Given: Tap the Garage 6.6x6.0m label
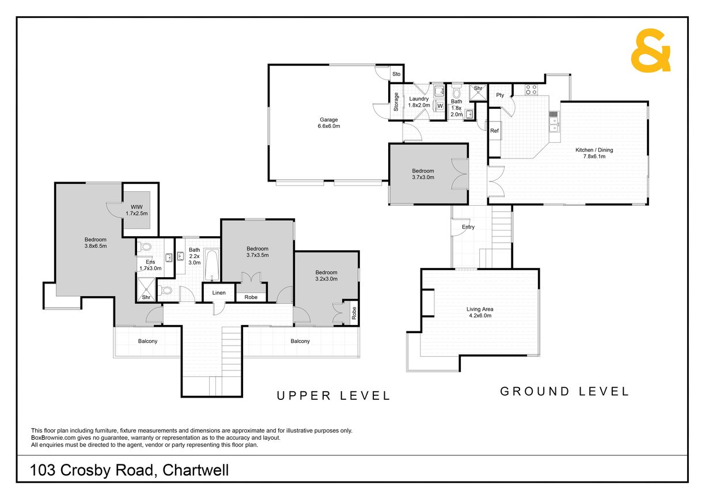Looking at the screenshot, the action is tap(328, 123).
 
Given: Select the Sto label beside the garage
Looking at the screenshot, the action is tap(396, 74).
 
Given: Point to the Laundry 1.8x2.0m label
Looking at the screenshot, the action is tap(419, 102).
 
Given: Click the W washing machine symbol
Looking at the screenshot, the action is tap(440, 106).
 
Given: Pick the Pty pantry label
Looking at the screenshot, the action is tap(500, 95).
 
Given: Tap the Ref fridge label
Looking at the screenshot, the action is tap(494, 131).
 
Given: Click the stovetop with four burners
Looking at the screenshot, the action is tap(531, 89).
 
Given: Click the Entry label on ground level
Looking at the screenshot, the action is tap(468, 227).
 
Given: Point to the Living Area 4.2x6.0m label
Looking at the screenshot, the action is tap(480, 312).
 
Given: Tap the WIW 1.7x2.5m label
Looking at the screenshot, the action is tap(137, 210).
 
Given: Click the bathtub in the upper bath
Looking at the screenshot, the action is tap(212, 264).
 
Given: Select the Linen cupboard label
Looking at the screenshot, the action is tap(219, 293).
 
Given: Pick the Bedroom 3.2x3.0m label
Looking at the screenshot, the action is tap(327, 275).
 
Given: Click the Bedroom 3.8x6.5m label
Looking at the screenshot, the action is tap(96, 243).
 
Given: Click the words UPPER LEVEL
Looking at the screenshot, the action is tap(333, 396).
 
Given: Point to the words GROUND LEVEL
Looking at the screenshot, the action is tap(564, 391).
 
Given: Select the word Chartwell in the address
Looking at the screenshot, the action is tap(195, 470).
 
